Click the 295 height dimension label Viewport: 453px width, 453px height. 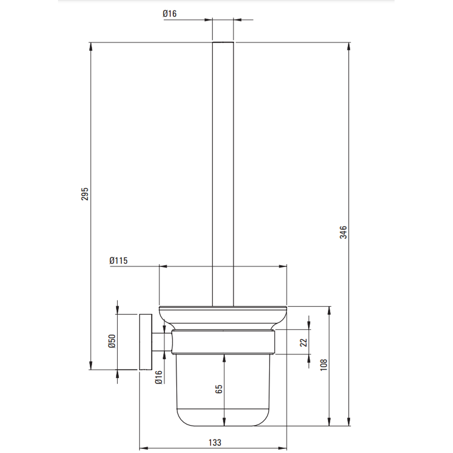coord(85,194)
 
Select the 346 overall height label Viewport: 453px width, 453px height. coord(343,232)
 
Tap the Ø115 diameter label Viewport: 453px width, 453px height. coord(118,260)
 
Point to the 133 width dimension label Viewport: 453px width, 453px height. coord(215,442)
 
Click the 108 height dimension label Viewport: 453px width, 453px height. coord(323,365)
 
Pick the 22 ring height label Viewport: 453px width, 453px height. coord(304,342)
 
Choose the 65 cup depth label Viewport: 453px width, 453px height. coord(219,389)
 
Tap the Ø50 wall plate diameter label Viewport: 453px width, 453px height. coord(112,341)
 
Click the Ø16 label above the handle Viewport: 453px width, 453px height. coord(169,14)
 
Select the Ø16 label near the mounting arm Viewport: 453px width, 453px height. coord(159,377)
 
